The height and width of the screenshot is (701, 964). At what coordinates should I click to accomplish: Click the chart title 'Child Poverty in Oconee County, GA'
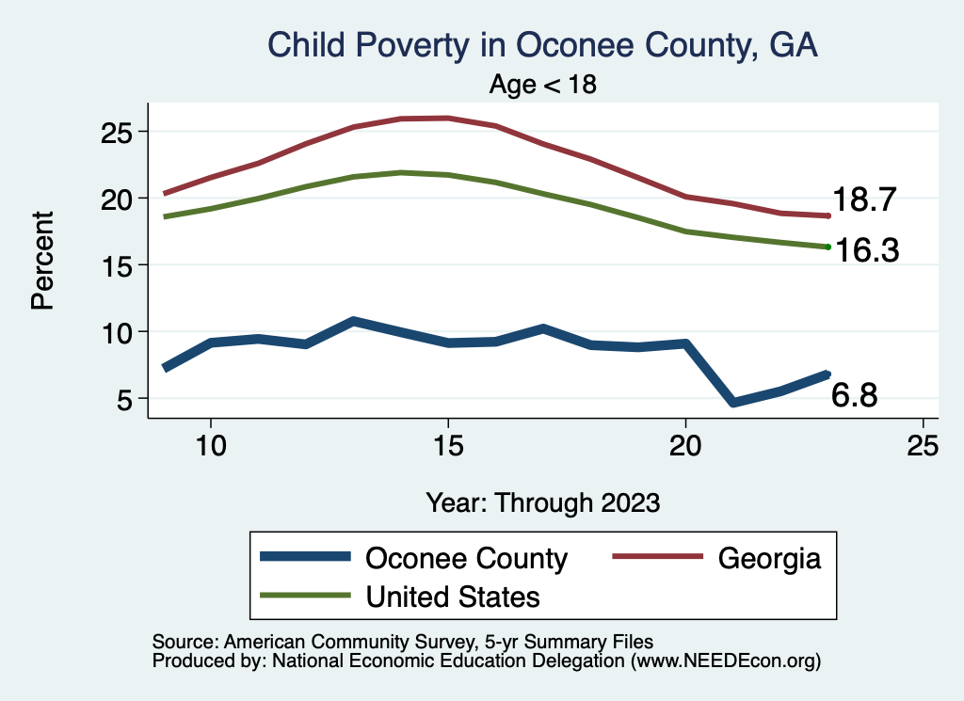click(x=542, y=45)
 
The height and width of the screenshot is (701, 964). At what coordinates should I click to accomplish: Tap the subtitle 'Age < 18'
click(x=543, y=85)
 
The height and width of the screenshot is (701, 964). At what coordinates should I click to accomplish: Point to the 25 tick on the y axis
click(x=120, y=132)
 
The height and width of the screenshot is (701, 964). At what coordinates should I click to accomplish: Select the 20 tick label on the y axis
click(x=120, y=199)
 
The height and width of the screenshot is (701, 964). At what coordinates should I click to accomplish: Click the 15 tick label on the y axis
click(x=120, y=265)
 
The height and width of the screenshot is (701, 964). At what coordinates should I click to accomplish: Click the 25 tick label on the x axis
click(x=923, y=447)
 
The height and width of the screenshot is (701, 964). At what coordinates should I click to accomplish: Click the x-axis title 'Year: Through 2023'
click(x=543, y=502)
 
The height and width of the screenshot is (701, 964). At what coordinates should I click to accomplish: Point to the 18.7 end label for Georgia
click(x=864, y=200)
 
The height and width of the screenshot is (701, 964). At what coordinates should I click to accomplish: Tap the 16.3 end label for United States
click(x=864, y=250)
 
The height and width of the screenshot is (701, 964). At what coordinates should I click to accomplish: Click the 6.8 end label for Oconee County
click(x=855, y=396)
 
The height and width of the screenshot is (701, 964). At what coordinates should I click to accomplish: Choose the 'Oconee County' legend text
click(x=466, y=559)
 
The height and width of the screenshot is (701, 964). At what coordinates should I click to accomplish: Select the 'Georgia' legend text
click(x=769, y=559)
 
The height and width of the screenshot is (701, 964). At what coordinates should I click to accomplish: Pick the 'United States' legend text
click(x=452, y=597)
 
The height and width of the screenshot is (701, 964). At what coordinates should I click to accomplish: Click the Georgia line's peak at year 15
click(x=448, y=118)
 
